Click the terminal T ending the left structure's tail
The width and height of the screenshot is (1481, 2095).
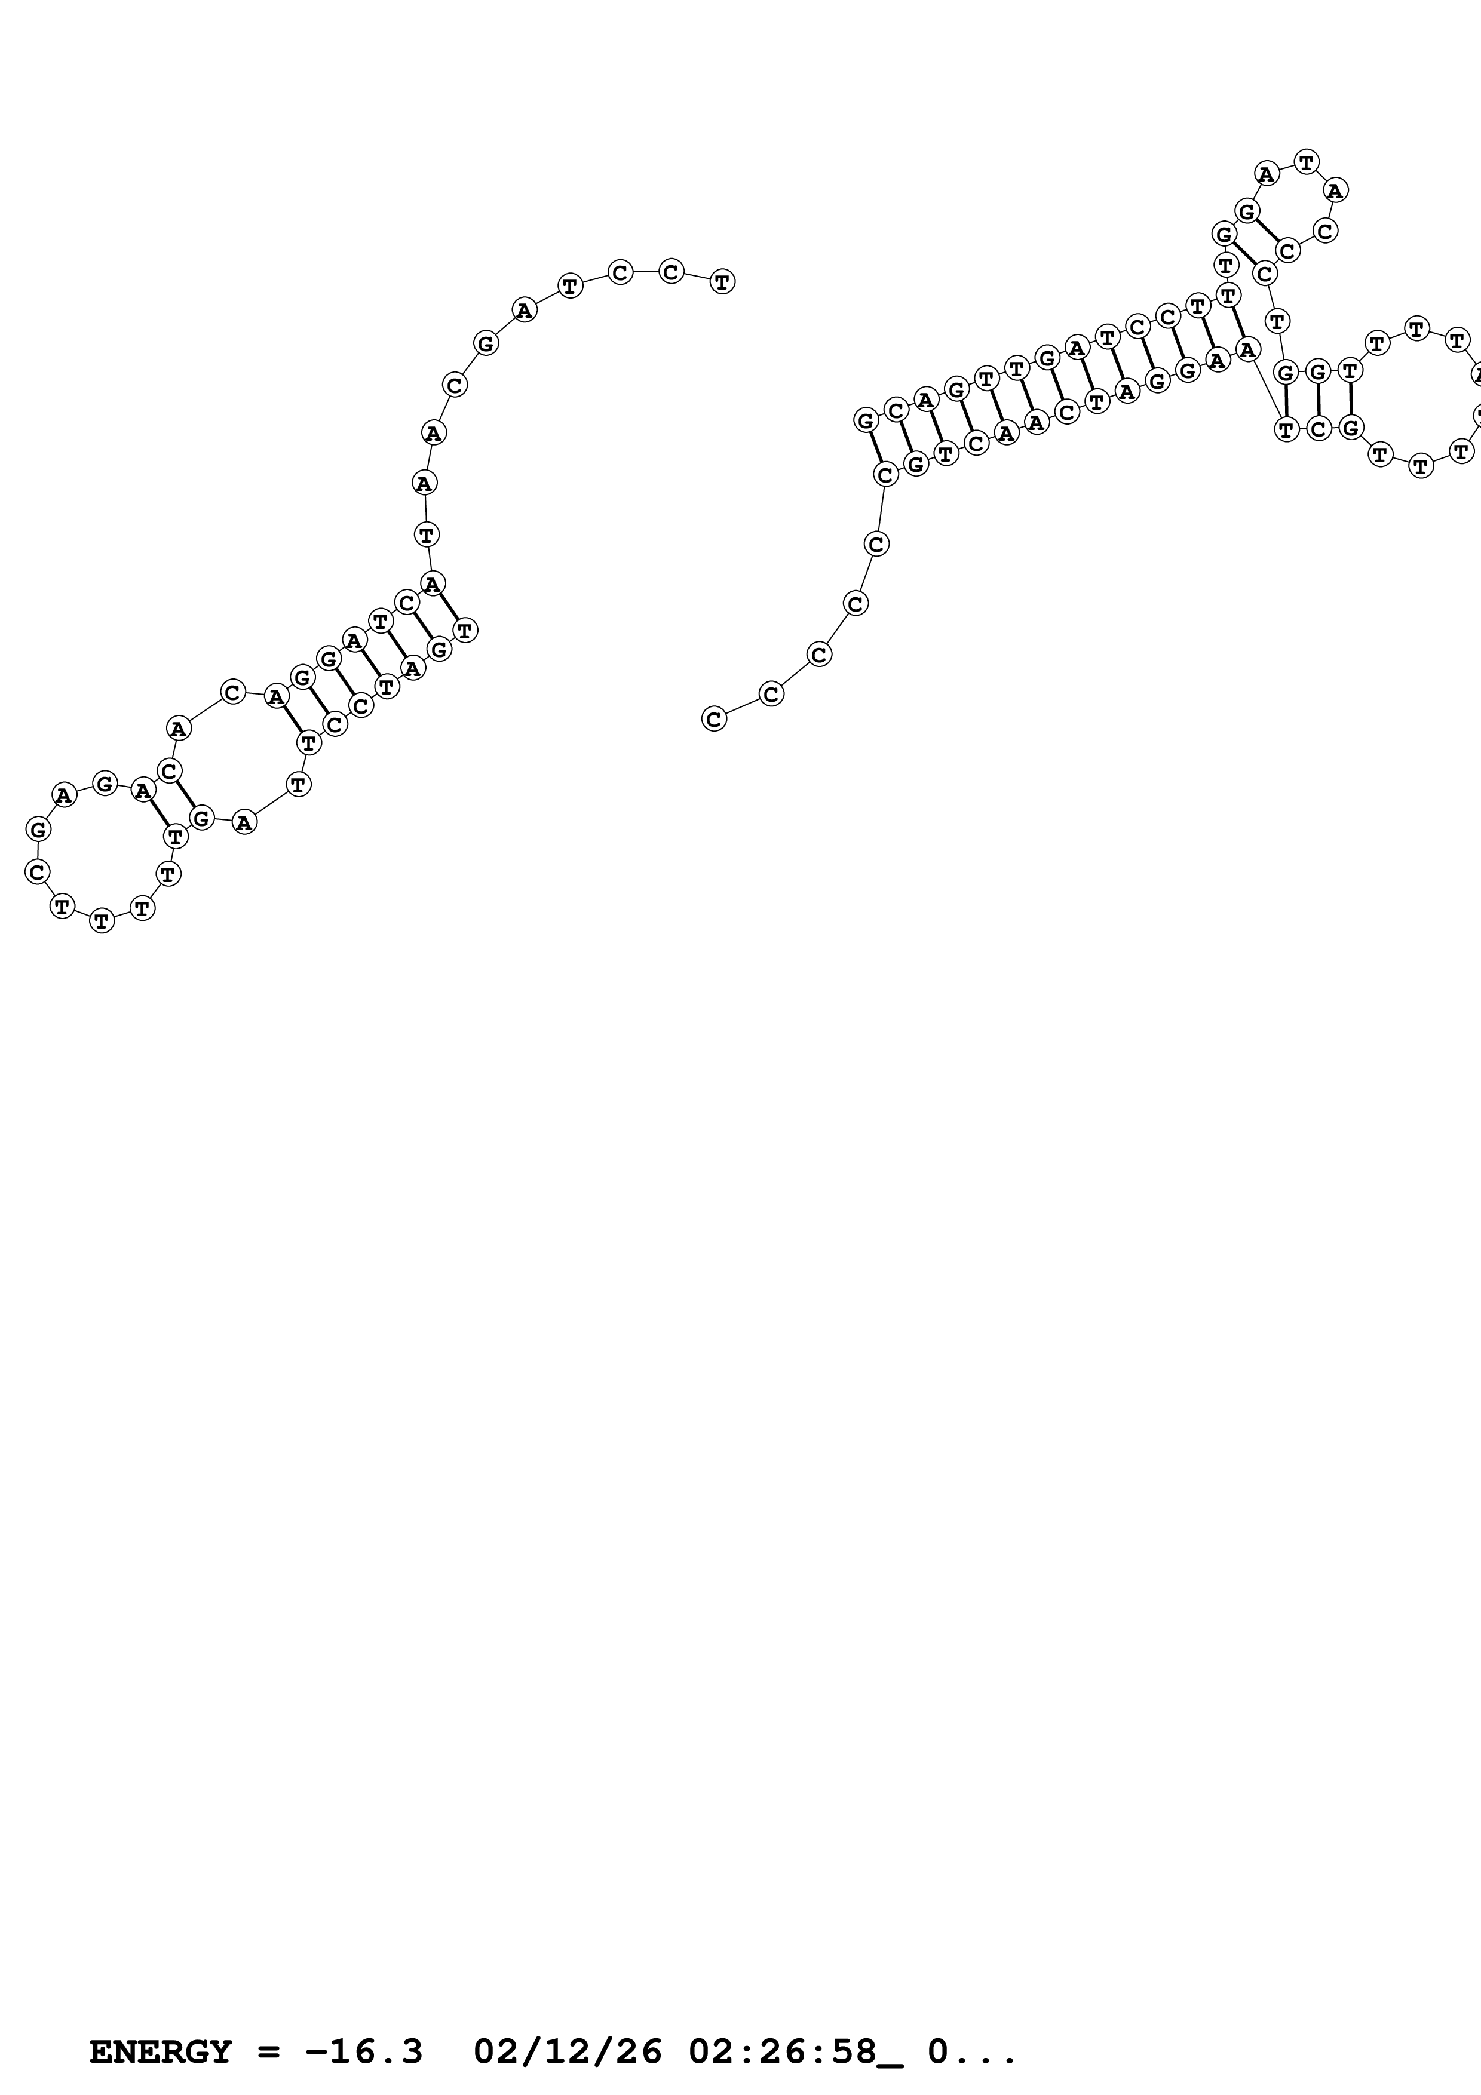(722, 281)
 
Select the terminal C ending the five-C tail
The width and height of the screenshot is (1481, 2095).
(713, 719)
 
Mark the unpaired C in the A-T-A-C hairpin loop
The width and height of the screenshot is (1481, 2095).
(1326, 231)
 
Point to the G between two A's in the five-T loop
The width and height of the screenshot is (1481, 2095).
(105, 783)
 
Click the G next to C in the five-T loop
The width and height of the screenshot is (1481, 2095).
(38, 830)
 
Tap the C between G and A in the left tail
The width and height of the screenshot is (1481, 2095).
(455, 385)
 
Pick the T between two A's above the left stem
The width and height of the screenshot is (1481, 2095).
(426, 534)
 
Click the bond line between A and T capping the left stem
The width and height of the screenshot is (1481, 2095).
(449, 606)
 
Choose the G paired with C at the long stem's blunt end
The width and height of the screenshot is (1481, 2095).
(866, 420)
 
